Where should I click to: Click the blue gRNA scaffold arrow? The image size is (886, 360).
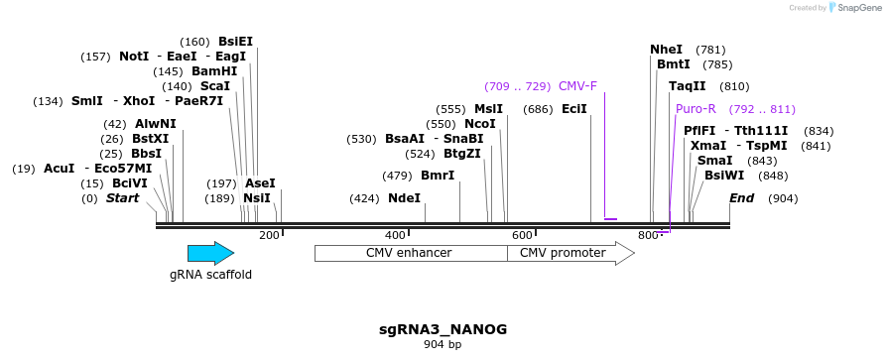click(210, 253)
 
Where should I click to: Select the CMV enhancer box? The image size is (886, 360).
click(410, 253)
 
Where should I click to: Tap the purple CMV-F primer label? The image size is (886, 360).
click(577, 86)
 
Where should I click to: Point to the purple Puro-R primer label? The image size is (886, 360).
click(696, 109)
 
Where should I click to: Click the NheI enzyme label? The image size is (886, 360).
click(667, 50)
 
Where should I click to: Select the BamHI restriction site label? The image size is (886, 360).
click(214, 71)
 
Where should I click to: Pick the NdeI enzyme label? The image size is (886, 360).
click(404, 198)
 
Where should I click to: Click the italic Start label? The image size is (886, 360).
click(122, 198)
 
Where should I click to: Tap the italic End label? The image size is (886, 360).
click(741, 198)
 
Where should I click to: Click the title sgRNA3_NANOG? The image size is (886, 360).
click(443, 328)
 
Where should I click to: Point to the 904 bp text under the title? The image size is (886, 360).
click(443, 345)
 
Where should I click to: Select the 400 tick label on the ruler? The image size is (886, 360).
click(395, 235)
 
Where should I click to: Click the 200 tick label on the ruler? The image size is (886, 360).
click(269, 235)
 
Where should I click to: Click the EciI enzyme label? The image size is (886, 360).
click(574, 109)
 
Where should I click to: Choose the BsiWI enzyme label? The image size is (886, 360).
click(724, 176)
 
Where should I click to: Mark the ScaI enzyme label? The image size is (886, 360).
click(215, 86)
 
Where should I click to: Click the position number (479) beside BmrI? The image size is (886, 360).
click(397, 177)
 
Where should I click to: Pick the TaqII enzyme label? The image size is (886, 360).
click(687, 86)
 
